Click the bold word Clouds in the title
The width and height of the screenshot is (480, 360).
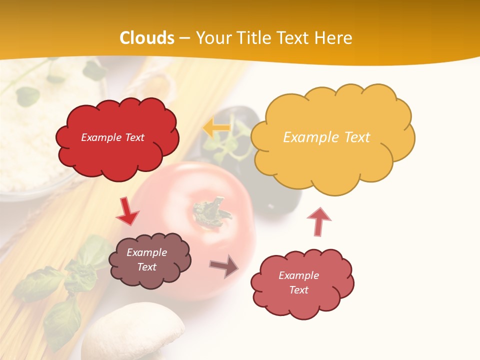pyautogui.click(x=147, y=38)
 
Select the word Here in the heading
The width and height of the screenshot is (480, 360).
pyautogui.click(x=334, y=38)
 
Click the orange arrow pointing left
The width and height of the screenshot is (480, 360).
pyautogui.click(x=216, y=128)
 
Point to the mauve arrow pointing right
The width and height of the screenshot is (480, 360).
pyautogui.click(x=224, y=266)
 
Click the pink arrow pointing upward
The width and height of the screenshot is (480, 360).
pyautogui.click(x=319, y=221)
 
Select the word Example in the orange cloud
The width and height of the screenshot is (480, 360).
pyautogui.click(x=307, y=137)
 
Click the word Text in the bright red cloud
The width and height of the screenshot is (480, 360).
pyautogui.click(x=133, y=137)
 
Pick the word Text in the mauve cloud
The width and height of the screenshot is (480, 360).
pyautogui.click(x=147, y=267)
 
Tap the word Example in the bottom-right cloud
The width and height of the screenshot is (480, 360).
pyautogui.click(x=298, y=275)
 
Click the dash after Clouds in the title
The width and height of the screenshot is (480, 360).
pyautogui.click(x=184, y=38)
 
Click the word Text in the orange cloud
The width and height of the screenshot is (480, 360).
pyautogui.click(x=357, y=137)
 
